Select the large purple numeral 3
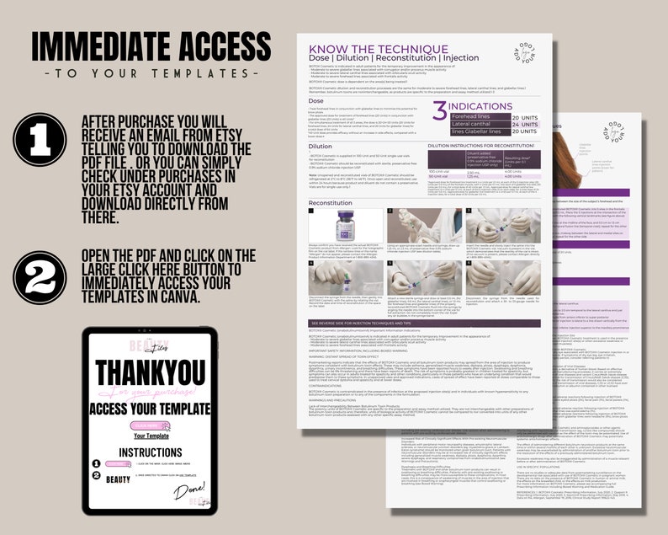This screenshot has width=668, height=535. pyautogui.click(x=439, y=110)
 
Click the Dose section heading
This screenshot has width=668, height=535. pyautogui.click(x=317, y=100)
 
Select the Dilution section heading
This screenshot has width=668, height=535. pyautogui.click(x=321, y=146)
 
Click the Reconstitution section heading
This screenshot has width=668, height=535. pyautogui.click(x=330, y=202)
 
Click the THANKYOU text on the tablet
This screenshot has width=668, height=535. pyautogui.click(x=151, y=372)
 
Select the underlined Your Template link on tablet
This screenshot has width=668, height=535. pyautogui.click(x=151, y=436)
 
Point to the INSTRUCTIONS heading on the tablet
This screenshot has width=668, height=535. pyautogui.click(x=151, y=452)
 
